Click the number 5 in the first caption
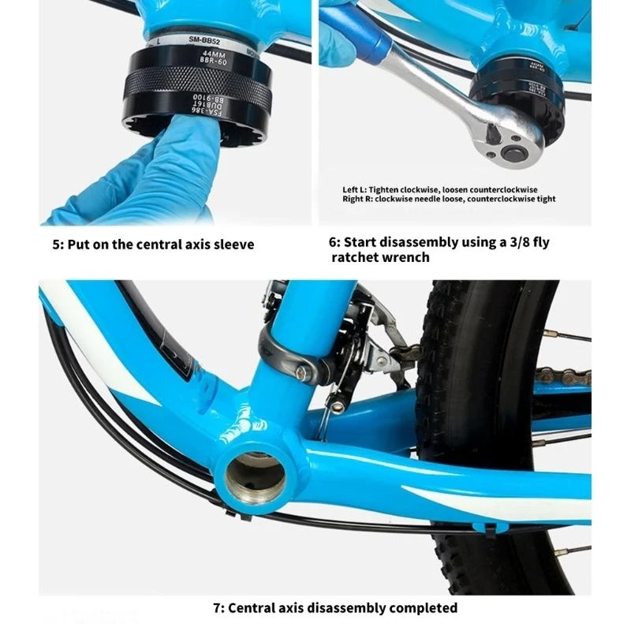[56, 245]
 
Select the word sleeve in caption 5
[233, 245]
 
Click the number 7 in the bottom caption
[218, 608]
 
